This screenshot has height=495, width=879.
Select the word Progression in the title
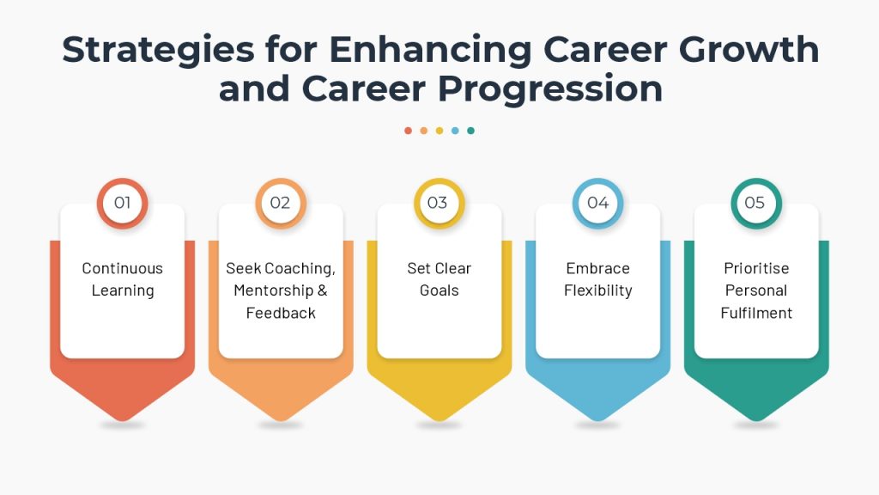(550, 89)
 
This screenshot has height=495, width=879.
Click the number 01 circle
(122, 203)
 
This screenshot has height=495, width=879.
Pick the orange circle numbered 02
(281, 203)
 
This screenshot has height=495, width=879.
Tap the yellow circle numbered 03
(439, 203)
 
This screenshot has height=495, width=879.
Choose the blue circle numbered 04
(598, 203)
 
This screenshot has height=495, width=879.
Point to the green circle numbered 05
(756, 203)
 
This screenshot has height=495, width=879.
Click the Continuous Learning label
(123, 279)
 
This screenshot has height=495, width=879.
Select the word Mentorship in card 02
(274, 290)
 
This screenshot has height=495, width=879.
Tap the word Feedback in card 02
(281, 313)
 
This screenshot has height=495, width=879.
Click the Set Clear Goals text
(439, 279)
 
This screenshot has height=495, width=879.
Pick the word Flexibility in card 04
(598, 290)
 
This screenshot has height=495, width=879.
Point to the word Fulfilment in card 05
(756, 313)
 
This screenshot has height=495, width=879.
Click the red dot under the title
(408, 131)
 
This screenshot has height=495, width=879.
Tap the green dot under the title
(471, 131)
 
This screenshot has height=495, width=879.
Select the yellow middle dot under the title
(439, 131)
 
